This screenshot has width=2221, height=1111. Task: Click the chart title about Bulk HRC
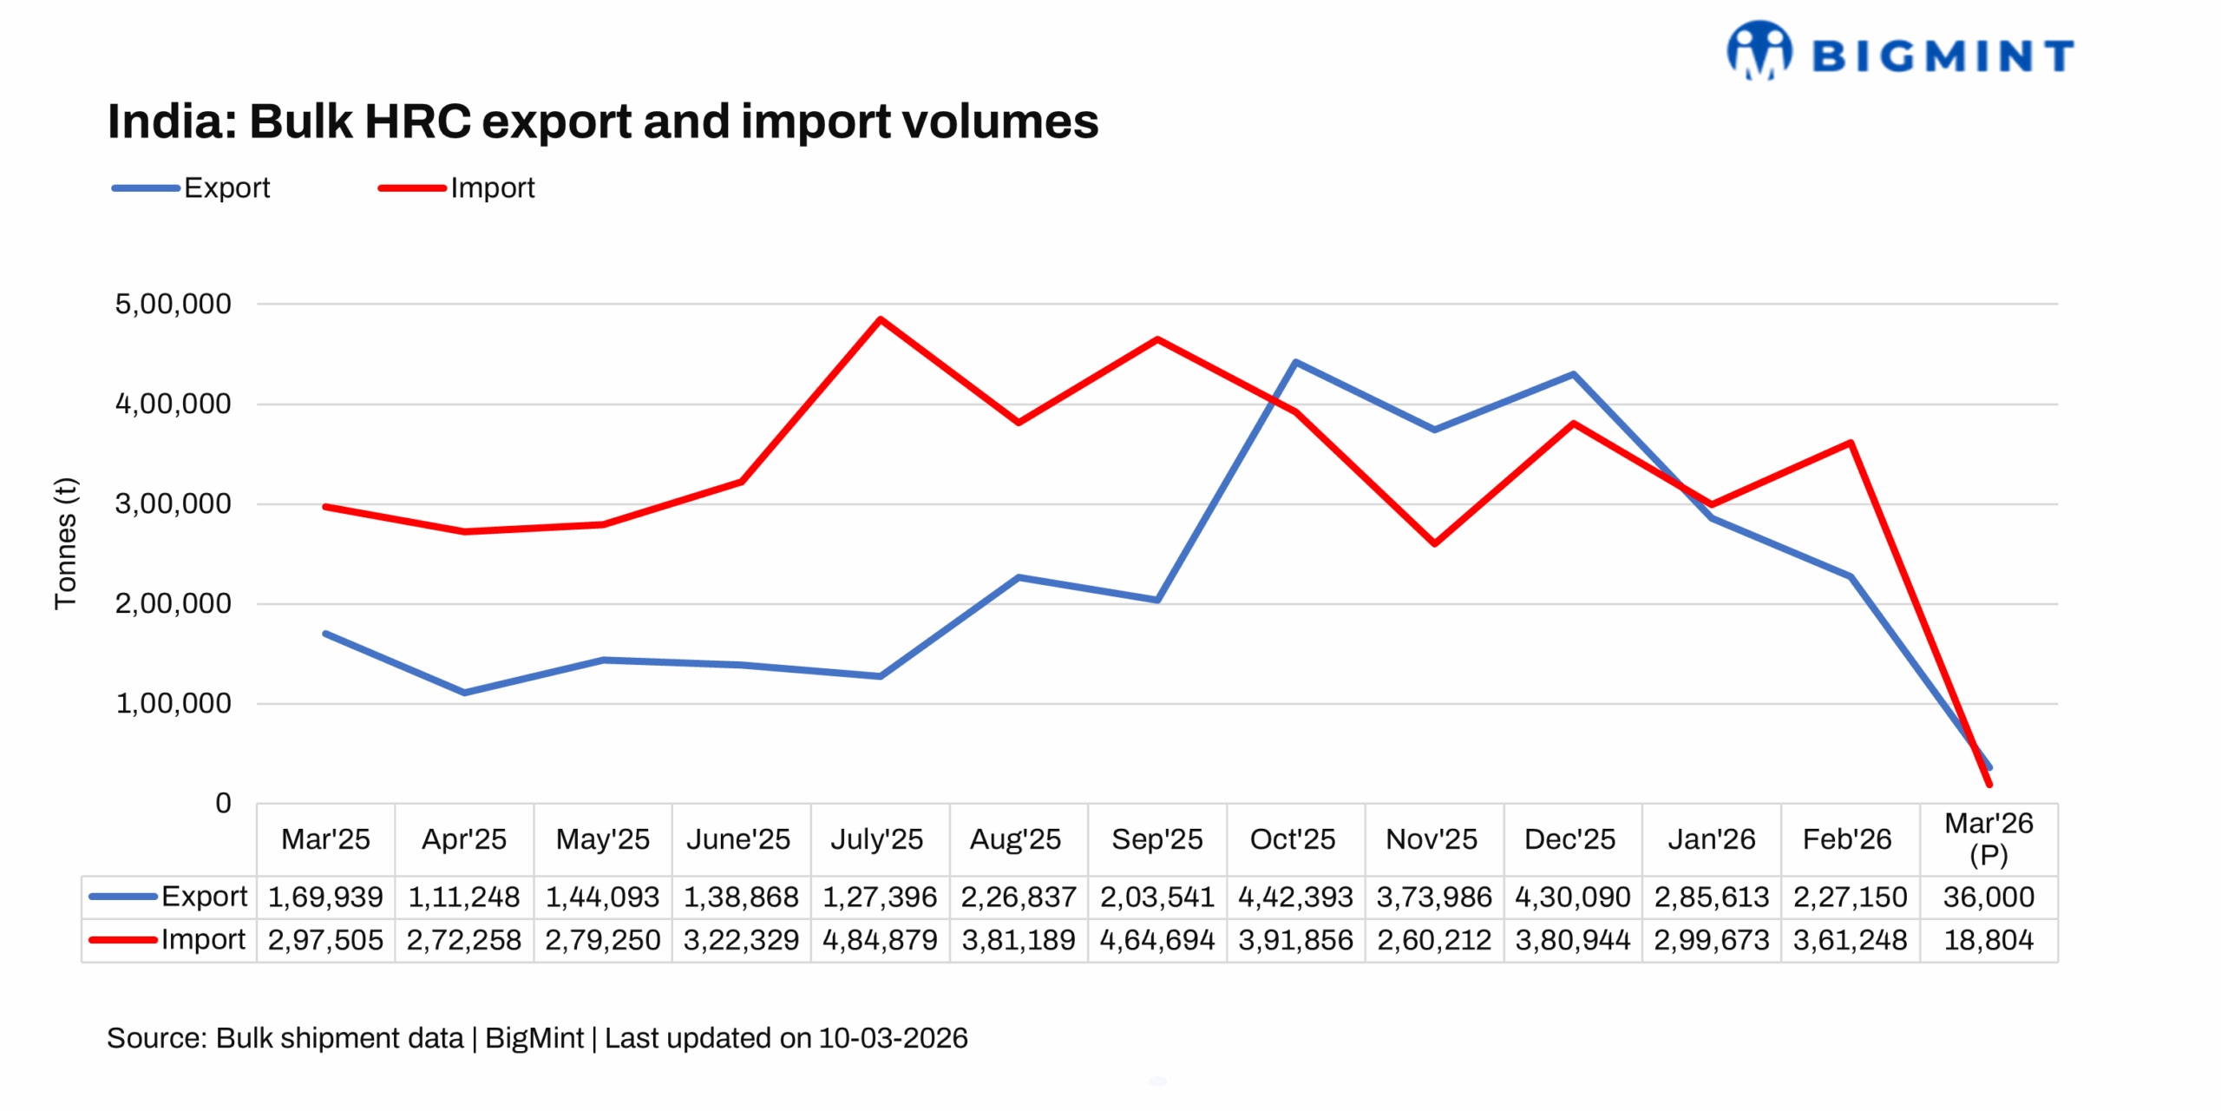click(602, 121)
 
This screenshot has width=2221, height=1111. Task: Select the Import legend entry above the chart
click(457, 187)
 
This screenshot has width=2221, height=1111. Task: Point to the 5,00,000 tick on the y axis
click(174, 304)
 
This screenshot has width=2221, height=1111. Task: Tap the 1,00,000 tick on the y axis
click(174, 703)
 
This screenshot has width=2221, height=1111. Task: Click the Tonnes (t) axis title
click(66, 543)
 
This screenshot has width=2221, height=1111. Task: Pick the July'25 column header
click(877, 839)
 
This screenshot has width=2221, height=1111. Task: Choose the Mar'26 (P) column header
click(1988, 838)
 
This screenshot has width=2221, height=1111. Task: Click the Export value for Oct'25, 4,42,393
click(1295, 897)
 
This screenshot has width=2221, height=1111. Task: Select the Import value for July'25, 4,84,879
click(880, 940)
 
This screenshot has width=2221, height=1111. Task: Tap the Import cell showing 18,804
click(1988, 940)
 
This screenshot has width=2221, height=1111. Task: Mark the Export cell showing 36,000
click(1988, 897)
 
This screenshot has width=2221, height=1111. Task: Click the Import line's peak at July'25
click(881, 319)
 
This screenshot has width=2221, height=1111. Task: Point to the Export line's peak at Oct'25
click(1295, 362)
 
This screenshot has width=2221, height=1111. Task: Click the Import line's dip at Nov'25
click(1434, 543)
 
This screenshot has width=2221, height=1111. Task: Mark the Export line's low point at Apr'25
click(464, 693)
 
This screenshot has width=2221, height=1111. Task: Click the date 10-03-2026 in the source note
click(893, 1038)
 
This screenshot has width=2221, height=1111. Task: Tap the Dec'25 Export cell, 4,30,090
click(1572, 897)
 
